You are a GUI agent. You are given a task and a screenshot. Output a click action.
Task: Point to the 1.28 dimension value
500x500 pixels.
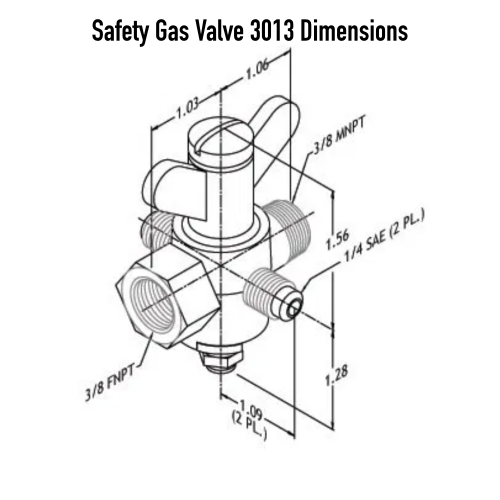tap(338, 376)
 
